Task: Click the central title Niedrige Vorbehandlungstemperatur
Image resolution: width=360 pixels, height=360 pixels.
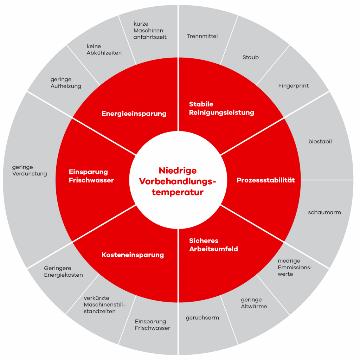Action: pos(178,181)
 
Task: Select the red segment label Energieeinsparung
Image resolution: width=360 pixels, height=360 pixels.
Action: pos(134,114)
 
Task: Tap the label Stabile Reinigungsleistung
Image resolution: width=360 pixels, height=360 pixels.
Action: pos(221,108)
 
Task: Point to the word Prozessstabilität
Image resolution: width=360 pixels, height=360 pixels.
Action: pos(265,180)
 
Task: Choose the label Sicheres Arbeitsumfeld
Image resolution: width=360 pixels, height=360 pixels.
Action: pos(213,245)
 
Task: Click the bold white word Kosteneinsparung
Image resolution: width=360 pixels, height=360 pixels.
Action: pos(133,255)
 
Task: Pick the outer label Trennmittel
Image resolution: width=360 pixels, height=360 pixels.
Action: pos(202,36)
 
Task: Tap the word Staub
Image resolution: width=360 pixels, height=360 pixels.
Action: pos(250,57)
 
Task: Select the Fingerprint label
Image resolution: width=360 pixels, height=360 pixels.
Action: pos(293,86)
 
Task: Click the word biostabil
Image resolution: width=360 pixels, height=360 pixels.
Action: pos(320,142)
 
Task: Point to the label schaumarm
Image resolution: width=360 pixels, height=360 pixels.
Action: pos(324,212)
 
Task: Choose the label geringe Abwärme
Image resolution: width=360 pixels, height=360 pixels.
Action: pos(253,303)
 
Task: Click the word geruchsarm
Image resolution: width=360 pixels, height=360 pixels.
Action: pos(202,318)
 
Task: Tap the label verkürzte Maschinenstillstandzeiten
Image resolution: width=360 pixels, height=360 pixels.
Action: pos(104,305)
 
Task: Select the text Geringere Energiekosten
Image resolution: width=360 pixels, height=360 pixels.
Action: pos(63,271)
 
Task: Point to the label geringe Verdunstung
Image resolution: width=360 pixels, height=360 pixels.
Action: pos(30,171)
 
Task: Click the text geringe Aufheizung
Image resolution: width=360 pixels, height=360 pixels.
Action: pos(66,83)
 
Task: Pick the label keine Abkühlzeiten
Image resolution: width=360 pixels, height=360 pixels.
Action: pos(104,50)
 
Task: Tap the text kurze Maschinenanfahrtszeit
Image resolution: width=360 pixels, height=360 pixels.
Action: pos(150,31)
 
